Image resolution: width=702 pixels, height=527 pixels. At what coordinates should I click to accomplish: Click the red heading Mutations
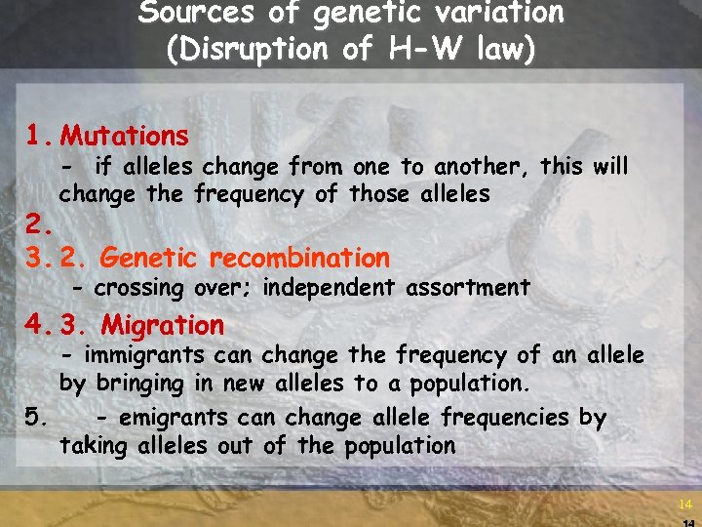(124, 136)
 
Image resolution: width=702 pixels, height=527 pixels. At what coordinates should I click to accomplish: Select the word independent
(329, 288)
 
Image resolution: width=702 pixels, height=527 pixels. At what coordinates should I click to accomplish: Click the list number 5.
(36, 419)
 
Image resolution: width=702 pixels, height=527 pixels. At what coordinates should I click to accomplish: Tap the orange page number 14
(684, 505)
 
